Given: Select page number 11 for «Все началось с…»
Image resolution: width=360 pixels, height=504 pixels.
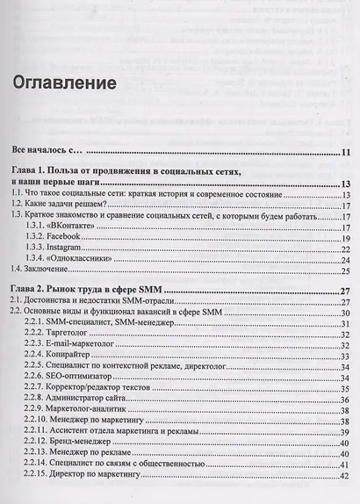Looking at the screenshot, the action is (x=346, y=151).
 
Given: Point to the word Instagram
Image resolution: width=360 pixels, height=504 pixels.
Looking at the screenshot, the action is (x=76, y=248).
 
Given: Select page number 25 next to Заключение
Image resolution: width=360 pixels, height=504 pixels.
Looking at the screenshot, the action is (x=346, y=272).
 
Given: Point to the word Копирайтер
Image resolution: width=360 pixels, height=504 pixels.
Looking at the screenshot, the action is (x=81, y=356).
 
